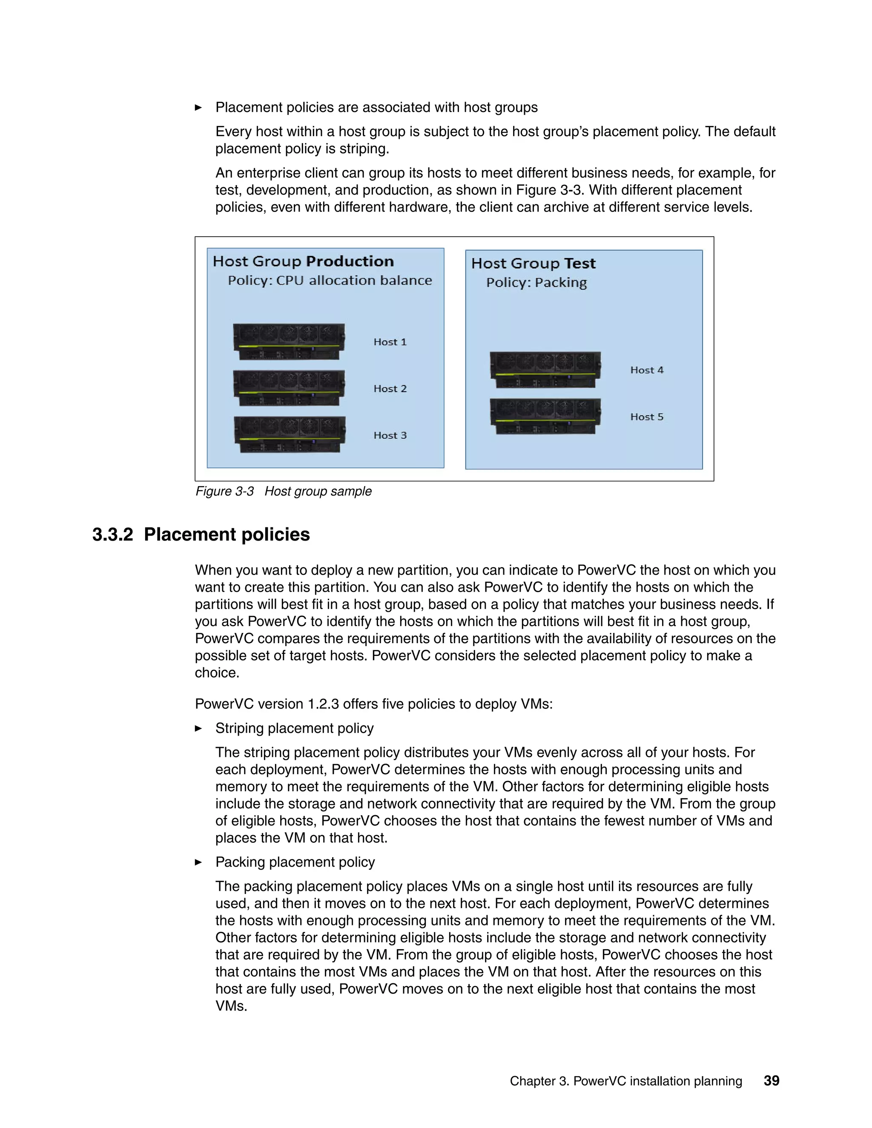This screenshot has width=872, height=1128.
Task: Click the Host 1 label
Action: click(390, 342)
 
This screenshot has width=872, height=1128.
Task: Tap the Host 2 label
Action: click(390, 388)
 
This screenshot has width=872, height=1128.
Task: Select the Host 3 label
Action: click(390, 435)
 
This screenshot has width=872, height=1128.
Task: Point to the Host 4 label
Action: click(647, 370)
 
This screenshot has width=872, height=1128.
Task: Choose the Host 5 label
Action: click(647, 417)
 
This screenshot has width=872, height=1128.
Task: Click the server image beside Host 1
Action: click(289, 341)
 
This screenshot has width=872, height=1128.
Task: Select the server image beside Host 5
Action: click(545, 416)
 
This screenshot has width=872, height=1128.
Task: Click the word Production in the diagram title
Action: click(350, 261)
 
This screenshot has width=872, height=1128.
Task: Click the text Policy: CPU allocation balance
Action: click(330, 281)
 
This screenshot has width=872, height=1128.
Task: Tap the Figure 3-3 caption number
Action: click(225, 491)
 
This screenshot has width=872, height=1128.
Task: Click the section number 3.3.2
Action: click(112, 535)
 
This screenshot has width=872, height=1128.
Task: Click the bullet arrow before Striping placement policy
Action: click(198, 728)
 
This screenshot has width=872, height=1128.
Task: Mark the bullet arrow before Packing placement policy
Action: click(198, 862)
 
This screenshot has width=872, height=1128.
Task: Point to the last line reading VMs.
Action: click(231, 1006)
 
